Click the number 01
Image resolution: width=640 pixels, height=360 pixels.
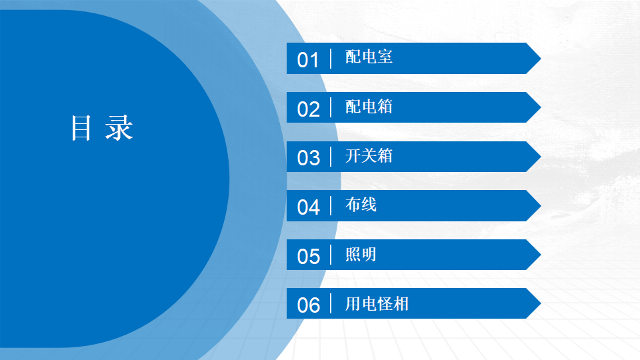(308, 60)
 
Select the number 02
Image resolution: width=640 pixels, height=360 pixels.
(308, 109)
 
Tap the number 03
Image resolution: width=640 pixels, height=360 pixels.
(308, 158)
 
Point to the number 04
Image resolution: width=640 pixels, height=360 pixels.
(308, 207)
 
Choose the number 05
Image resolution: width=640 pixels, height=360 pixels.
(308, 256)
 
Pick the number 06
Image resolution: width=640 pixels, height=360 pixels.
(308, 305)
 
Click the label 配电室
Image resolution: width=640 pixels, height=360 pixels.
(369, 57)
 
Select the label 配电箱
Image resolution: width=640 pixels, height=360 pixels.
(369, 107)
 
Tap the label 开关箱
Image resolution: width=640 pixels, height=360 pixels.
(369, 155)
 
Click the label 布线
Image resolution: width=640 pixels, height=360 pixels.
(361, 205)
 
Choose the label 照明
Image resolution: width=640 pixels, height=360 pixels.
(361, 254)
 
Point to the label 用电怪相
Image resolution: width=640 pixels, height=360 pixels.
(377, 304)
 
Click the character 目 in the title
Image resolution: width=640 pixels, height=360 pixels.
(81, 128)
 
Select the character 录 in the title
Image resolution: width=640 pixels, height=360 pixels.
(119, 128)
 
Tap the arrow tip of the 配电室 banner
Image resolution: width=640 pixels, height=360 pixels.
(541, 59)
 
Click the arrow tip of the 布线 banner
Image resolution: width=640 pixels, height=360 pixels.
(541, 206)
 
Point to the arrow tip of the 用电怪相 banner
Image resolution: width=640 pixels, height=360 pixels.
(541, 303)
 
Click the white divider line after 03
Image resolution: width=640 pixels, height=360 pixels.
(331, 157)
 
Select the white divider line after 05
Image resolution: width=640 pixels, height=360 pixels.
(331, 255)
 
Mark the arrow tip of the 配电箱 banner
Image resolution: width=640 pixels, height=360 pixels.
(541, 107)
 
